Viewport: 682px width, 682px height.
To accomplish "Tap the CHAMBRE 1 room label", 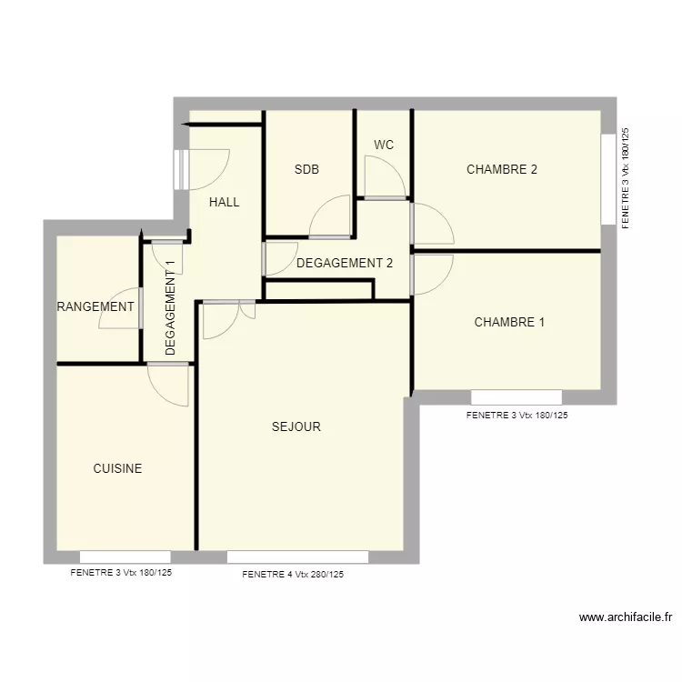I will pos(509,322).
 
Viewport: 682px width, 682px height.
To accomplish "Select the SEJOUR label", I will pos(296,426).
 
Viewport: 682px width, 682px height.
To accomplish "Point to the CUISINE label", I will pos(117,468).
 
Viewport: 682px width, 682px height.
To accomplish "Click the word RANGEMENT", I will pos(95,307).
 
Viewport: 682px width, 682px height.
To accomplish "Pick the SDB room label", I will pos(306,169).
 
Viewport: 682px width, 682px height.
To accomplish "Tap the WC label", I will pos(383,145).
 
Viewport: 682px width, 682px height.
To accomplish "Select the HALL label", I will pos(224,202).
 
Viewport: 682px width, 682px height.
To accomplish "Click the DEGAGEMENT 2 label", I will pos(345,264).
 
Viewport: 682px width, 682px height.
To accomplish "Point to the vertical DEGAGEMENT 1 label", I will pos(170,307).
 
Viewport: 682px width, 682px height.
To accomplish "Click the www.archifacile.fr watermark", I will pos(625,617).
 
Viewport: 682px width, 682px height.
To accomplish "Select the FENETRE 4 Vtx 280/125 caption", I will pos(293,575).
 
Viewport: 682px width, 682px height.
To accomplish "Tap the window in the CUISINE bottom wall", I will pos(125,557).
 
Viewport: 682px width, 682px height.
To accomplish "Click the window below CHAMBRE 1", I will pos(516,397).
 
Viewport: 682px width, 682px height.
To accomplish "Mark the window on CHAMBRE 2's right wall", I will pos(607,178).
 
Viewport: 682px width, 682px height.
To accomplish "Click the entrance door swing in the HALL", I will pos(207,168).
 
